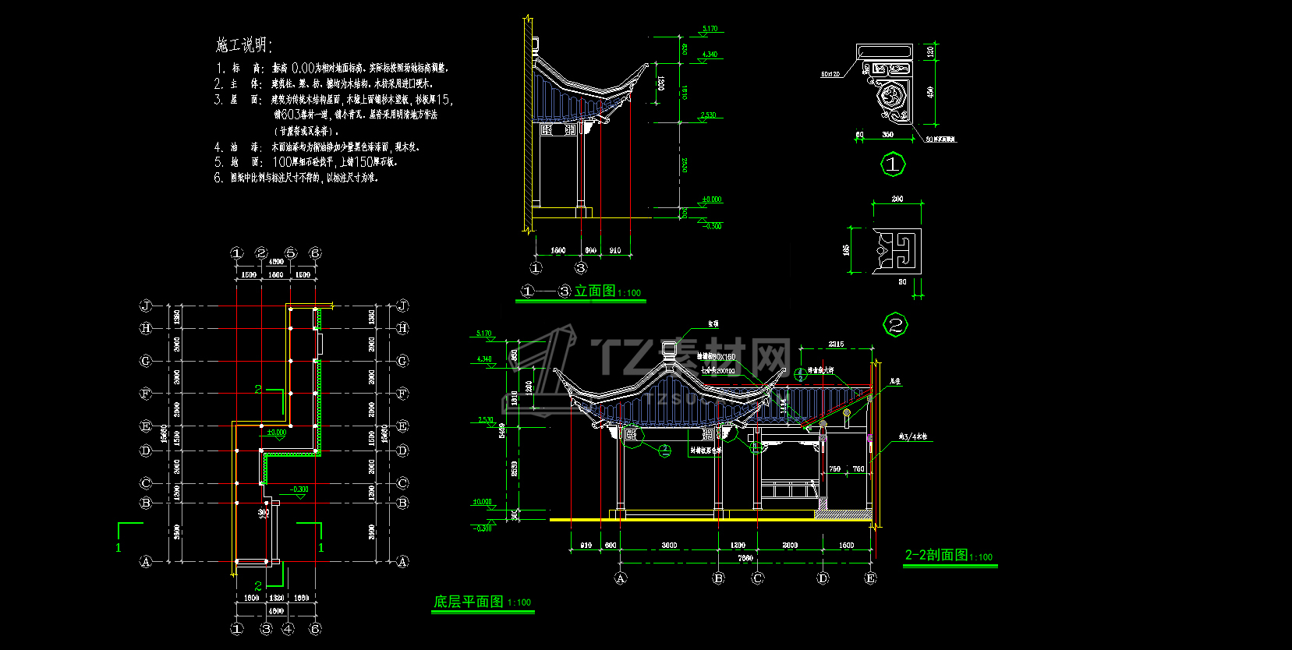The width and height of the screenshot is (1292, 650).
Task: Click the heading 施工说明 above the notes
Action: tap(243, 45)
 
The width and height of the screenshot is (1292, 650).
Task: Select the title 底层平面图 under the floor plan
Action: tap(469, 602)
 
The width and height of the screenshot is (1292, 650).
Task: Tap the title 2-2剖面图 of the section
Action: tap(936, 555)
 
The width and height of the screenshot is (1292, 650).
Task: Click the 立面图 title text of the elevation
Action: tap(594, 291)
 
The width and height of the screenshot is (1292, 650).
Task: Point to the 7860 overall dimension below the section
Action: tap(745, 558)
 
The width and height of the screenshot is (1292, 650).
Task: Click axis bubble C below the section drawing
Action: tap(757, 578)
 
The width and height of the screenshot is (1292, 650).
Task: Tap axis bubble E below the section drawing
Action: tap(870, 578)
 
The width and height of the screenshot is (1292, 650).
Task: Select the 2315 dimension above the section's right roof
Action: tap(836, 344)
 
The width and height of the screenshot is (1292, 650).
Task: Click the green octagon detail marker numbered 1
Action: tap(893, 164)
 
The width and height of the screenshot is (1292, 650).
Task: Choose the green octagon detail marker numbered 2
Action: tap(895, 325)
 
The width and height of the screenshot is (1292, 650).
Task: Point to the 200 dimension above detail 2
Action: tap(897, 199)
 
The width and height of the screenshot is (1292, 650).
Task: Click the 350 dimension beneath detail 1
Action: tap(887, 135)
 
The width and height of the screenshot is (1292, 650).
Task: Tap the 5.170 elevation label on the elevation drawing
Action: tap(710, 29)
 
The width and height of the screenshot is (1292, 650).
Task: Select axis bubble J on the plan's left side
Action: tap(146, 306)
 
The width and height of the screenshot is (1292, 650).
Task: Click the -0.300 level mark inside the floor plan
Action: tap(299, 489)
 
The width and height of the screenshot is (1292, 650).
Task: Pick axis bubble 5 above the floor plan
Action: tap(291, 253)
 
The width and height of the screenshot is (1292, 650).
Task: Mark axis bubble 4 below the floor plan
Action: tap(288, 628)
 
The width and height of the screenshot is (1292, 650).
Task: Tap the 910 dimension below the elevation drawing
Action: tap(615, 250)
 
